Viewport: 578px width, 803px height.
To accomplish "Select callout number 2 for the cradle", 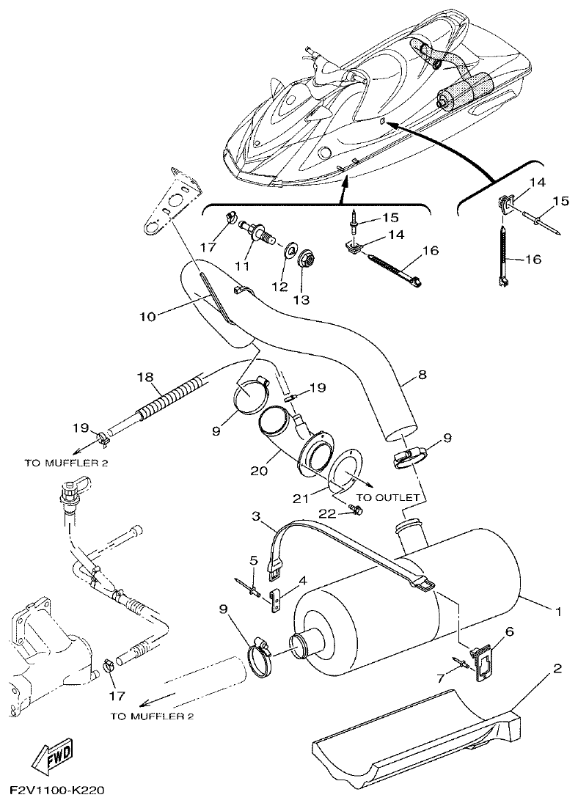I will coord(557,669).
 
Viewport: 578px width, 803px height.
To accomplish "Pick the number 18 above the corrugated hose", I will coord(145,377).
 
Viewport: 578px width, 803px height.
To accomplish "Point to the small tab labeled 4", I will coord(277,601).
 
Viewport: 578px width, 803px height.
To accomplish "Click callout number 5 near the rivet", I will coord(253,561).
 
